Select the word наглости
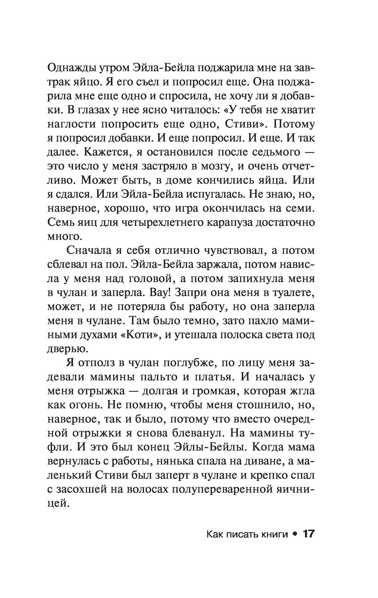72,124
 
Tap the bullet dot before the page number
294,534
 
